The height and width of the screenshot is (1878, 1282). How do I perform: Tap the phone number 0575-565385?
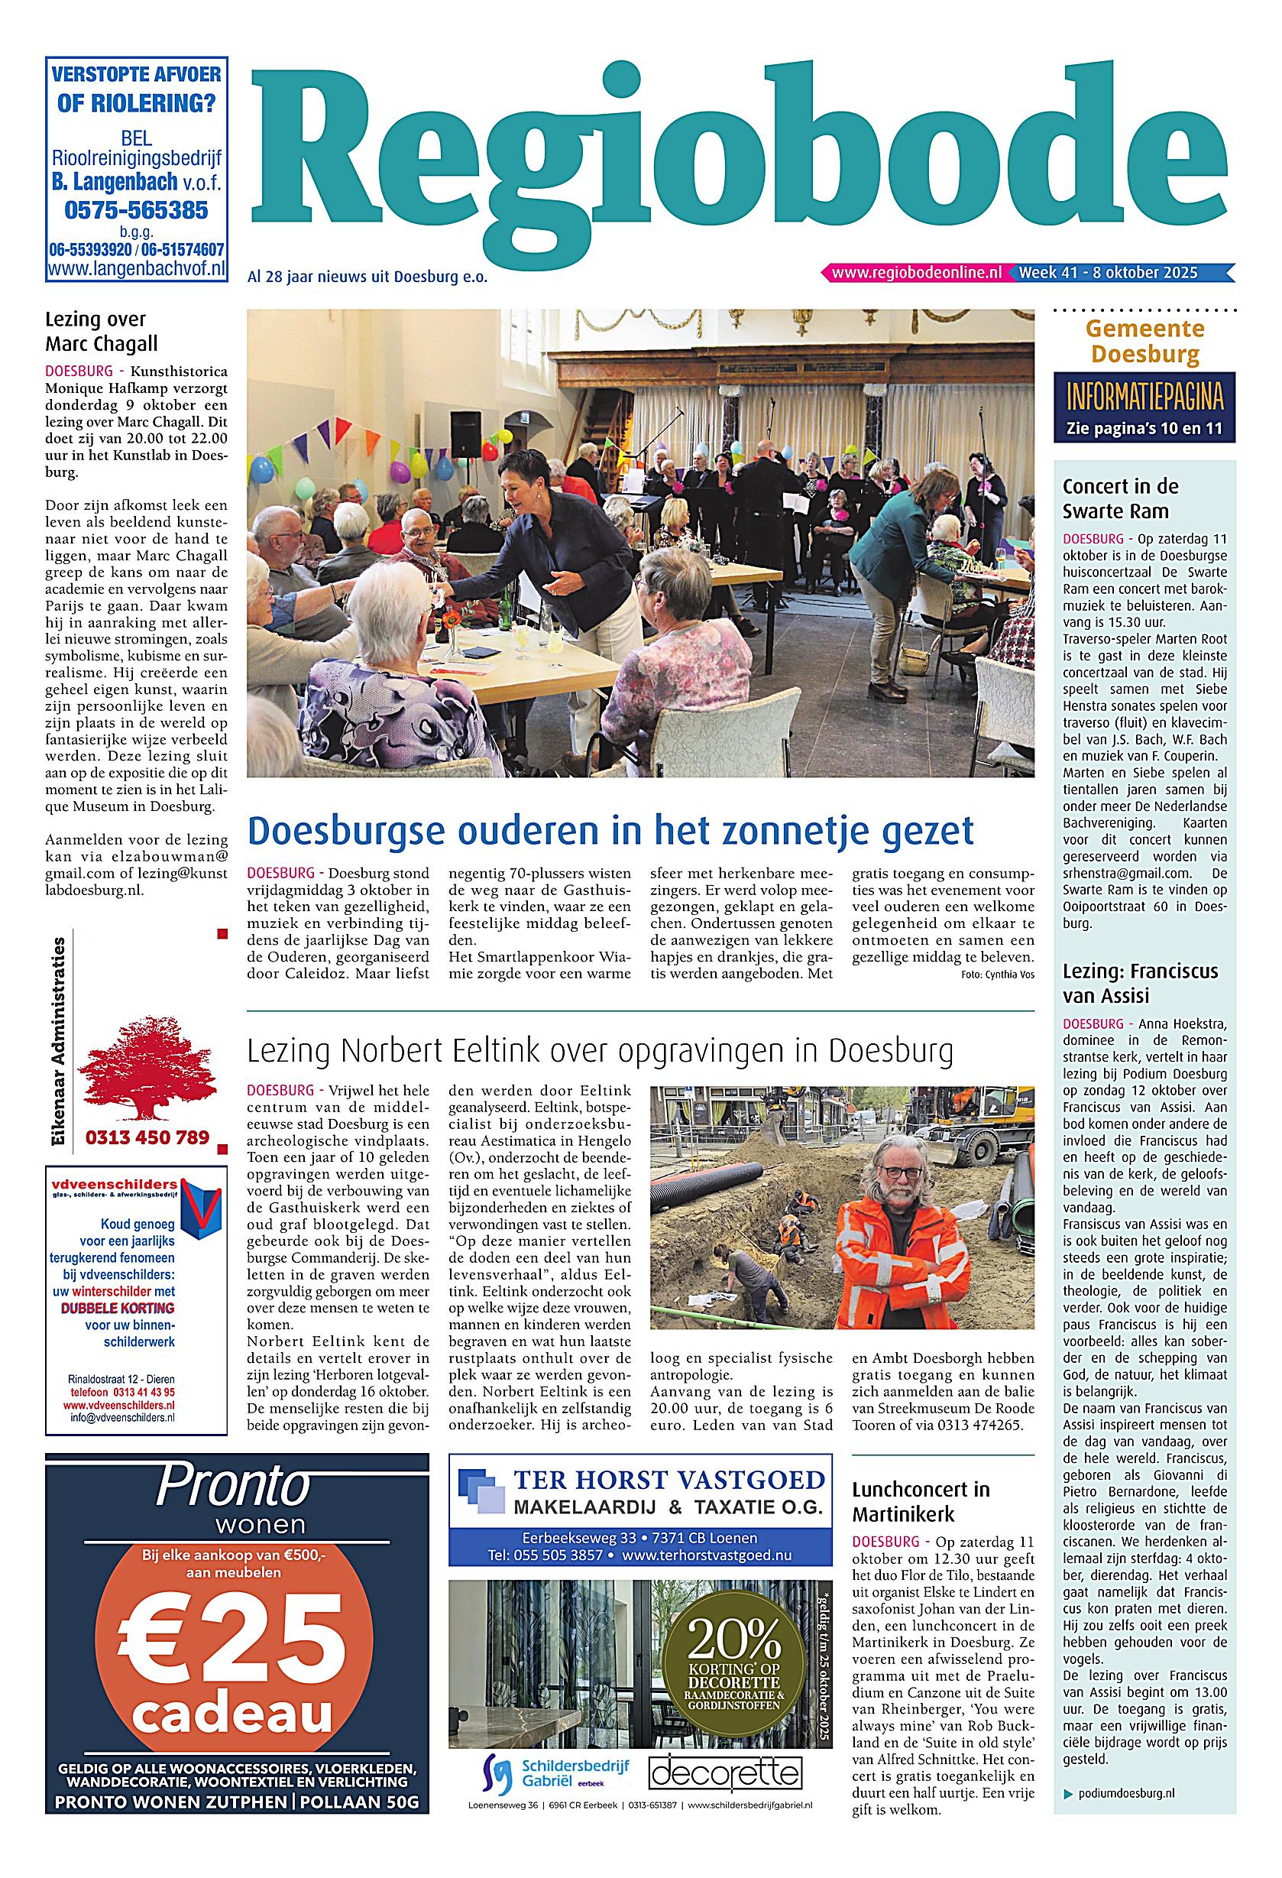coord(136,211)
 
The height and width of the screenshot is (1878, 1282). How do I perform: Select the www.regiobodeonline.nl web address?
coord(916,273)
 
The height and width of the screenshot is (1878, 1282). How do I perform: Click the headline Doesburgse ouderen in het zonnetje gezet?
coord(610,831)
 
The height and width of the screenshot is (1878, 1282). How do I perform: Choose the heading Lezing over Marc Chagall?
coord(101,331)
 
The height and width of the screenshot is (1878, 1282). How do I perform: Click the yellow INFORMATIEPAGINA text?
coord(1144,399)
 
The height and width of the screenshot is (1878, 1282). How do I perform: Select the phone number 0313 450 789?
coord(147,1138)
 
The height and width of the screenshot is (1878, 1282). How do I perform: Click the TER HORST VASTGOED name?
coord(669,1480)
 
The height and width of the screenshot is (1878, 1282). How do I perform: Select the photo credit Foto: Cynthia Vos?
coord(998,975)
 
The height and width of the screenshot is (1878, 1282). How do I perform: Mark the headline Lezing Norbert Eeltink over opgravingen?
coord(600,1051)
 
